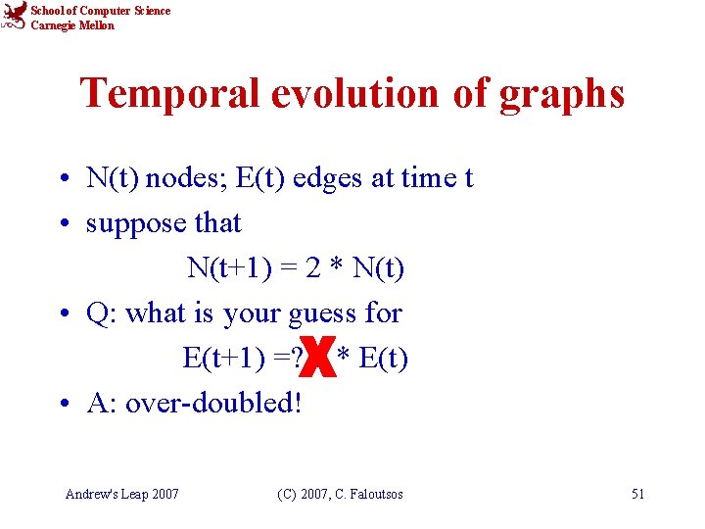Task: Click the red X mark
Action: pyautogui.click(x=319, y=359)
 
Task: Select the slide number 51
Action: pyautogui.click(x=637, y=494)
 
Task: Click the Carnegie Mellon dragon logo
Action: pyautogui.click(x=14, y=17)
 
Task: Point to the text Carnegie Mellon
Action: pyautogui.click(x=72, y=25)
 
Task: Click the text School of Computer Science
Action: pyautogui.click(x=100, y=11)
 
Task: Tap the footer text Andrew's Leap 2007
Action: pyautogui.click(x=121, y=494)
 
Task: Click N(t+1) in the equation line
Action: pyautogui.click(x=226, y=267)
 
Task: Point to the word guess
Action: pyautogui.click(x=324, y=313)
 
